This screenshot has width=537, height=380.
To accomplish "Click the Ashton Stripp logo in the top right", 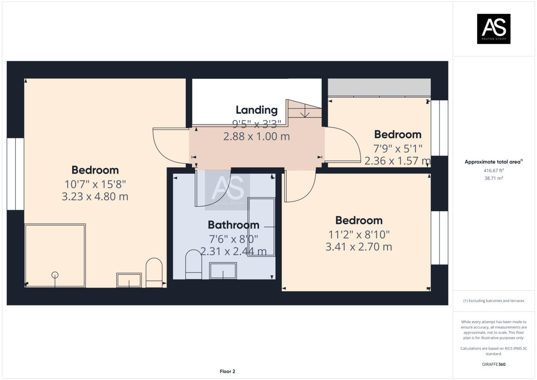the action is [x=494, y=29].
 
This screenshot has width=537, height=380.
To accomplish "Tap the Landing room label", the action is [x=257, y=110].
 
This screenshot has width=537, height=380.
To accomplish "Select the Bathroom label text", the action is [x=234, y=225].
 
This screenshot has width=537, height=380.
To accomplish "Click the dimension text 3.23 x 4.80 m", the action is [x=95, y=196].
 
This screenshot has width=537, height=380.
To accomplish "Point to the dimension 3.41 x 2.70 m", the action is [x=358, y=247].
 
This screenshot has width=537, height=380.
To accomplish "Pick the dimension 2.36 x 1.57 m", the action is [x=397, y=161].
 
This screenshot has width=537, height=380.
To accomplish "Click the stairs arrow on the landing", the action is [x=305, y=111].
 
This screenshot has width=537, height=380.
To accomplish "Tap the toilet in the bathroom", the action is [x=193, y=264].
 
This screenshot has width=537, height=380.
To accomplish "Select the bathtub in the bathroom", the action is [x=261, y=227].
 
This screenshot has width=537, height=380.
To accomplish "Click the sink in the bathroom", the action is [x=223, y=271].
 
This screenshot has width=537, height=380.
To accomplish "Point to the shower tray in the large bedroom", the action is [x=55, y=256].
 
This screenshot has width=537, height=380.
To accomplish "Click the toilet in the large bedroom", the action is [x=154, y=273].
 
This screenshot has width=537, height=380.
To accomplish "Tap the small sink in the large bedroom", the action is [x=129, y=280].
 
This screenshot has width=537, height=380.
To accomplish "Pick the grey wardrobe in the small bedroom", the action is [x=379, y=87].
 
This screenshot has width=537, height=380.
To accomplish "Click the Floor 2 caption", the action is [x=227, y=371].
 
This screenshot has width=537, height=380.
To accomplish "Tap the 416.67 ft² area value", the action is [x=494, y=171].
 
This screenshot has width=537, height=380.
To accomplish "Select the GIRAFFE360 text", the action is [x=494, y=364].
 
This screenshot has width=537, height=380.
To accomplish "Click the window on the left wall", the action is [x=15, y=174].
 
